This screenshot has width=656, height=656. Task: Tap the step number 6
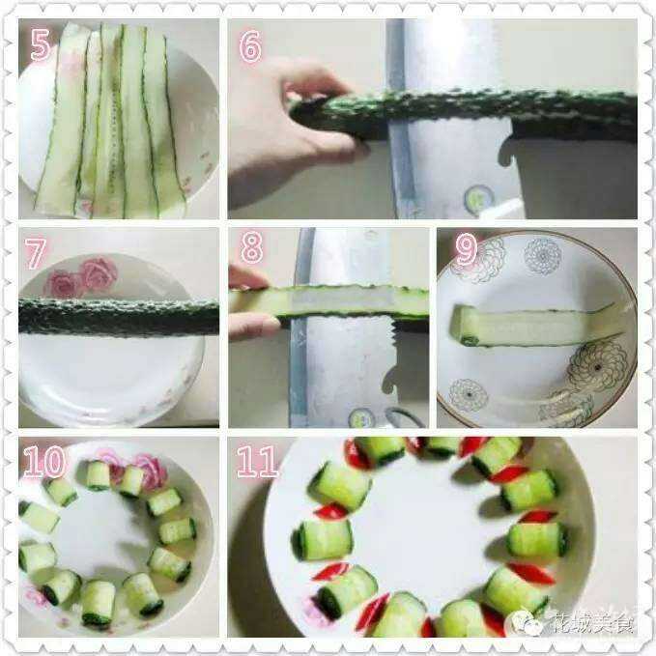point(250,46)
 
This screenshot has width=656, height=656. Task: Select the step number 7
point(35,253)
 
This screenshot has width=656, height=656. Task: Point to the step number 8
point(251,247)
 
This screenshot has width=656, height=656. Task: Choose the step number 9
point(466,249)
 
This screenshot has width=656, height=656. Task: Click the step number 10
point(44,462)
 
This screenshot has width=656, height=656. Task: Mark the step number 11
point(257,462)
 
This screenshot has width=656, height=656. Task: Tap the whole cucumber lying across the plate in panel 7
point(119,317)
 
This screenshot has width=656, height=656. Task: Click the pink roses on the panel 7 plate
point(80,277)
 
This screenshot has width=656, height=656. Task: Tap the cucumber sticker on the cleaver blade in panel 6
point(479,198)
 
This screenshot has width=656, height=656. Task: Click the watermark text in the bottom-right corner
point(591,622)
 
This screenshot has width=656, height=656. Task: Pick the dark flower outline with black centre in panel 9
point(597,366)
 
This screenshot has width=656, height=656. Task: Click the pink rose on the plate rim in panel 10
point(150,471)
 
